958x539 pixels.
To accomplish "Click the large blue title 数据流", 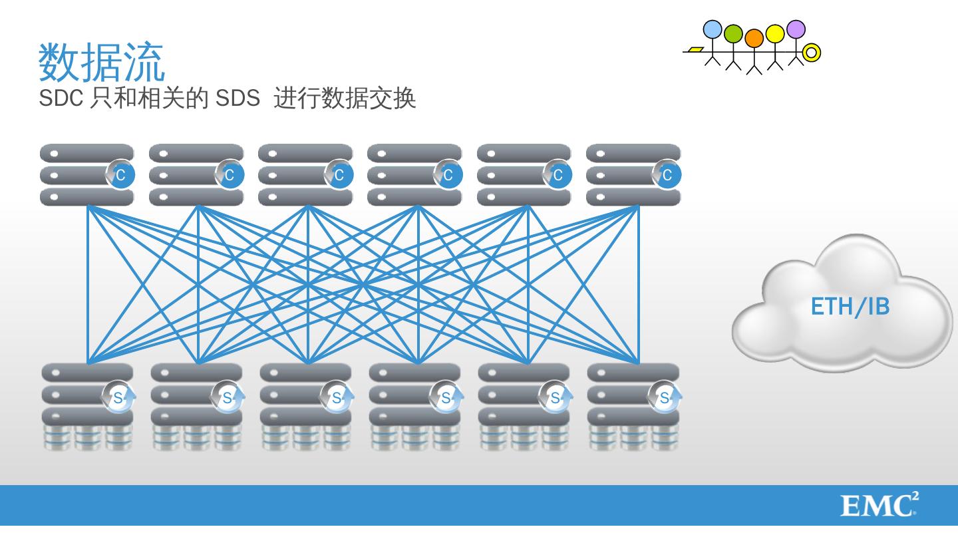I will [x=101, y=62].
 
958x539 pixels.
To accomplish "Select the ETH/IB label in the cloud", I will [x=850, y=307].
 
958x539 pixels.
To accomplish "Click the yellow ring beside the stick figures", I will [x=812, y=52].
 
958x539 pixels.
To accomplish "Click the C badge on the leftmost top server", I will [x=120, y=175].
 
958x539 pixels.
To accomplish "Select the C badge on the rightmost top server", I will [x=667, y=175].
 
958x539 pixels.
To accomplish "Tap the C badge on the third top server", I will [x=339, y=175].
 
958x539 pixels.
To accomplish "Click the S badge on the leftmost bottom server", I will [x=118, y=398].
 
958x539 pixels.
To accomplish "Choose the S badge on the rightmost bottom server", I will [x=664, y=398].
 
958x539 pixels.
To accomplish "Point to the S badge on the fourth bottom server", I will [x=445, y=398].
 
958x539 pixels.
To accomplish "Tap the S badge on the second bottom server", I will [x=227, y=398].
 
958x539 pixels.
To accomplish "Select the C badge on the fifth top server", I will [x=558, y=175].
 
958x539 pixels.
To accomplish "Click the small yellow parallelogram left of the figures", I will [x=695, y=49].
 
